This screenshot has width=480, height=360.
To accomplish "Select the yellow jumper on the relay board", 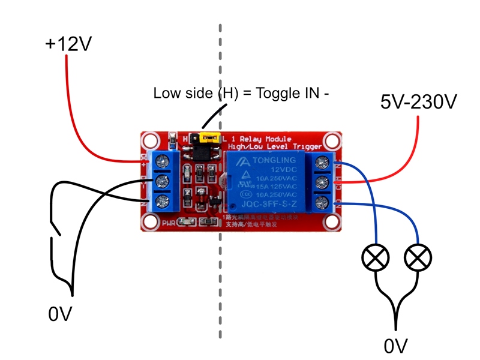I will pos(210,138).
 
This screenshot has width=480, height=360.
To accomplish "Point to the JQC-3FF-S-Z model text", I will pos(267,203).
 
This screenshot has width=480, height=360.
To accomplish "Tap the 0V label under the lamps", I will pos(395,346).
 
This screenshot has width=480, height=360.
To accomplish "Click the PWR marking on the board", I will pos(169,223).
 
